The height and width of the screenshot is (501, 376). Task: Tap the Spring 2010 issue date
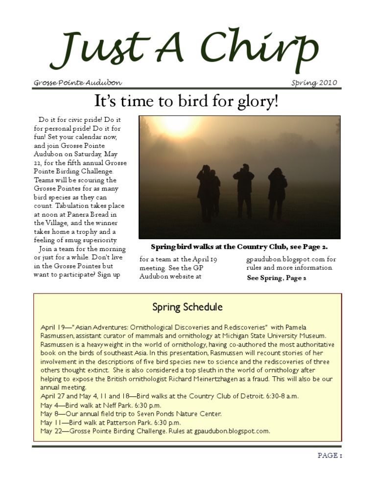(x=314, y=83)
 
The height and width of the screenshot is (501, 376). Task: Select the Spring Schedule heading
(x=188, y=307)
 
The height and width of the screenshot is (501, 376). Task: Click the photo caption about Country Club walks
(x=239, y=247)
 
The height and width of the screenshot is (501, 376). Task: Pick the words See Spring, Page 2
(x=276, y=278)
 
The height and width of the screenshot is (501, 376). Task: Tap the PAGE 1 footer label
(x=329, y=455)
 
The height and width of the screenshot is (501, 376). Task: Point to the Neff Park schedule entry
(x=100, y=405)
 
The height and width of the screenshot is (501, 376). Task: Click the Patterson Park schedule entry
(x=111, y=422)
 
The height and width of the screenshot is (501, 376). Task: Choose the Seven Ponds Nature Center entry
(x=131, y=413)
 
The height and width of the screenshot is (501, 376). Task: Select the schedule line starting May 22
(x=155, y=431)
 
